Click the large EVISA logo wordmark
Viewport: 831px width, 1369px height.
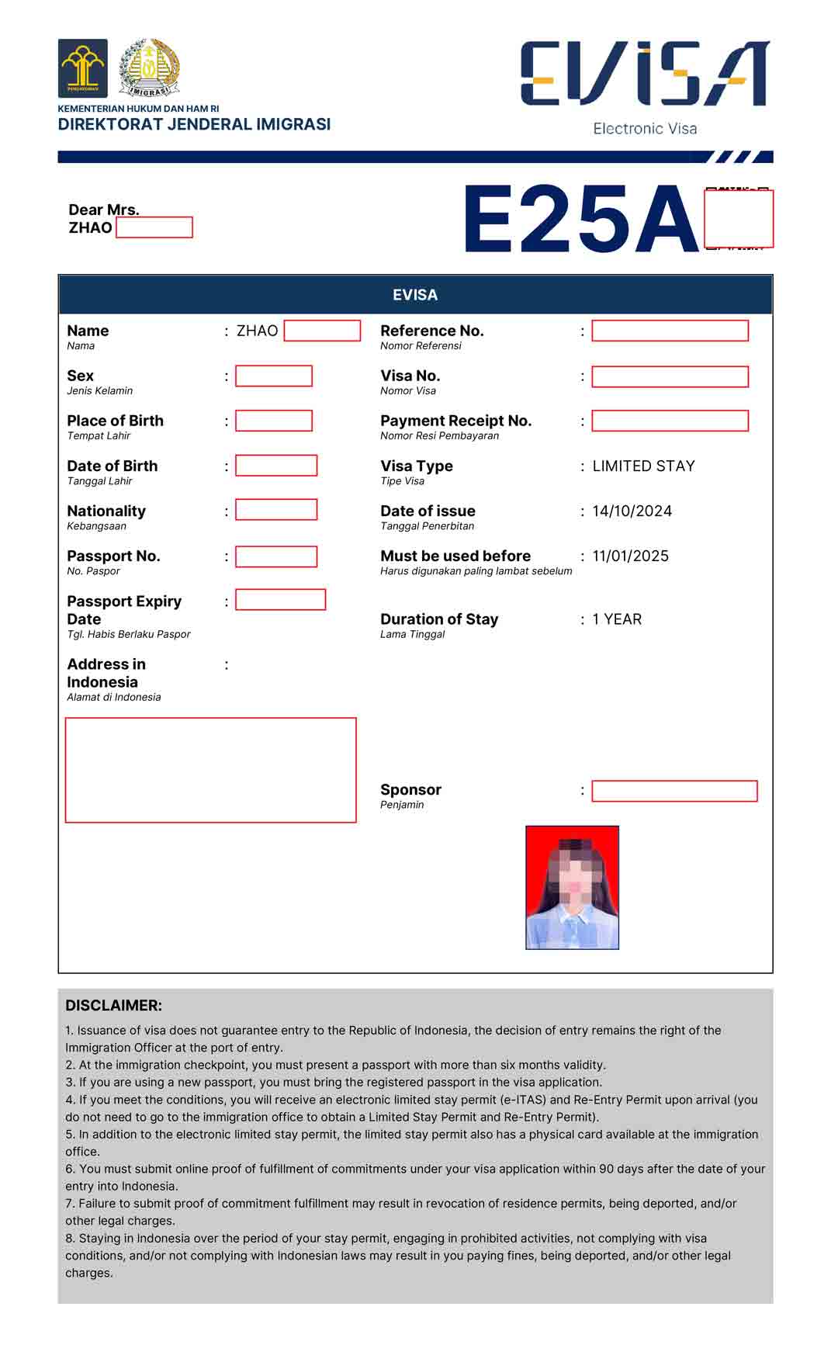point(644,74)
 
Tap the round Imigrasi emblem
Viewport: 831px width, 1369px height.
point(149,68)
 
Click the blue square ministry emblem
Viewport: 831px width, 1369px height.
point(83,68)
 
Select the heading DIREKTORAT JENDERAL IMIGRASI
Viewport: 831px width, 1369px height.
point(194,124)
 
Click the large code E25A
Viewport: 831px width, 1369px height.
point(580,220)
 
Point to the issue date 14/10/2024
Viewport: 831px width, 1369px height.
point(632,511)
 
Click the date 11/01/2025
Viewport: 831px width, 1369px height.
point(630,556)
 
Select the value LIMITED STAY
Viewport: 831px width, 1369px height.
point(643,466)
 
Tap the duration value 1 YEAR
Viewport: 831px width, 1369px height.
point(617,619)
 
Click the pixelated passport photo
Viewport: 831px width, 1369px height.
point(572,887)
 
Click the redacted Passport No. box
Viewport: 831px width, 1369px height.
point(276,556)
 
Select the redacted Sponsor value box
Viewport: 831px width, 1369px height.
point(674,791)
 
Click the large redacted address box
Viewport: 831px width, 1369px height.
point(210,770)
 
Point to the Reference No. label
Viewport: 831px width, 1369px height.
point(431,331)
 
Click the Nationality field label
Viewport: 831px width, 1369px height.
point(106,511)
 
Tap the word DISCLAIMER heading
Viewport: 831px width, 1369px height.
point(113,1005)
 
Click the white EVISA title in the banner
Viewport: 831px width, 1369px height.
point(415,295)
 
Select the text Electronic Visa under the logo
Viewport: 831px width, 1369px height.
point(645,129)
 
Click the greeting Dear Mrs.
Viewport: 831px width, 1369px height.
point(104,210)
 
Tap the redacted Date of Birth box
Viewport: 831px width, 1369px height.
point(276,466)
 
